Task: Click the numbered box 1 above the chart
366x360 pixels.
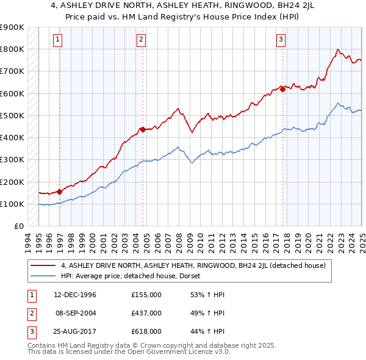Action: click(57, 40)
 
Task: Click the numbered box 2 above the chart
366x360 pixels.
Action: click(141, 40)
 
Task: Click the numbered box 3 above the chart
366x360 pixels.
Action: click(281, 40)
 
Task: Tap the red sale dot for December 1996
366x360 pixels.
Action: click(60, 192)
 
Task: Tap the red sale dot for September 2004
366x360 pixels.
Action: click(143, 129)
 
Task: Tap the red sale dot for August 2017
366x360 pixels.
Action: click(283, 89)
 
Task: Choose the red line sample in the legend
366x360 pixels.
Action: click(43, 265)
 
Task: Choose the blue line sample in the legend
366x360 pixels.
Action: click(43, 276)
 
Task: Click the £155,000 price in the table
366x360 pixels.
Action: click(146, 295)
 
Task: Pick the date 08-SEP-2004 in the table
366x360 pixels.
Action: click(76, 313)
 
